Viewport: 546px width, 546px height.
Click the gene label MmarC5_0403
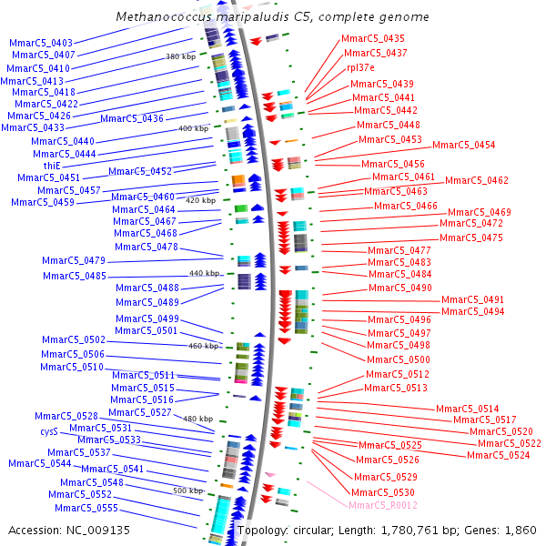[41, 43]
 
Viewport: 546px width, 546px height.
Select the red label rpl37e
[360, 67]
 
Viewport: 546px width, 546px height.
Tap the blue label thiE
[52, 166]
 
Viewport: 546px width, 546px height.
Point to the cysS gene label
[48, 431]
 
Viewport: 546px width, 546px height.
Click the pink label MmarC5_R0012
[383, 505]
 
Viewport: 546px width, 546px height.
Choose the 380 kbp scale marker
[180, 56]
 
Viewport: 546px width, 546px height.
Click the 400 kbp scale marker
[194, 128]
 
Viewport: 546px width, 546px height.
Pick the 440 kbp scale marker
[205, 273]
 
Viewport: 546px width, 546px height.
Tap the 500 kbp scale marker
[188, 490]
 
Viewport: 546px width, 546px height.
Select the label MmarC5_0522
[510, 443]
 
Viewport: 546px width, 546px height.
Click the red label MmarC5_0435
[373, 38]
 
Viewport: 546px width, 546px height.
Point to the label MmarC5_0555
[86, 508]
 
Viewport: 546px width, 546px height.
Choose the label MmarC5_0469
[480, 212]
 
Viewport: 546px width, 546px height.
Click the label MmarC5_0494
[472, 311]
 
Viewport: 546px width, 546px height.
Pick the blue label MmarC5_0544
[40, 463]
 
